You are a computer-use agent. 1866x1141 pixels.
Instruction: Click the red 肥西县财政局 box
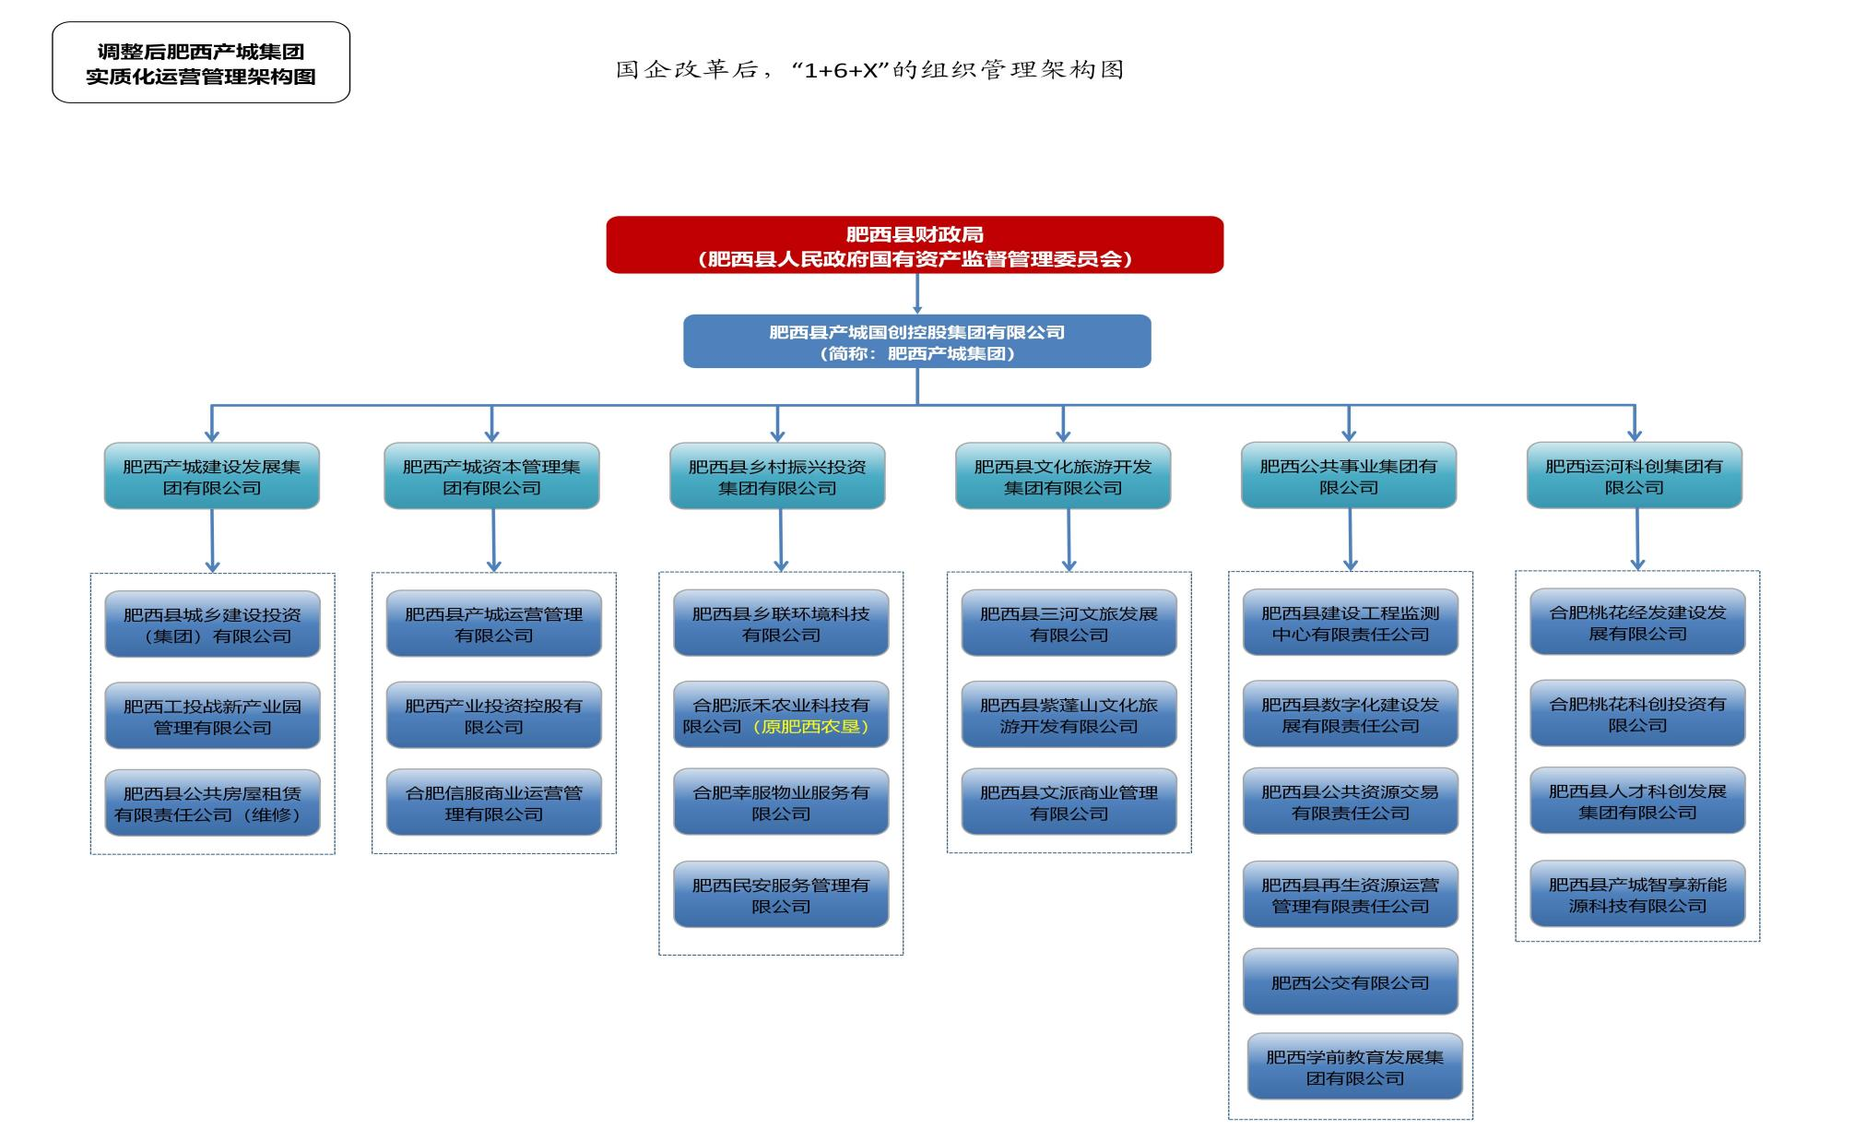(914, 245)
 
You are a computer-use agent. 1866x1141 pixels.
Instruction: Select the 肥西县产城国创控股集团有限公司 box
(916, 341)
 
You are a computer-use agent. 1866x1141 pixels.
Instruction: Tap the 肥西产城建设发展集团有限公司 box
(211, 476)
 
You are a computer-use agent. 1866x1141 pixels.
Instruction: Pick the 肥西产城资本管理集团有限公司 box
(491, 476)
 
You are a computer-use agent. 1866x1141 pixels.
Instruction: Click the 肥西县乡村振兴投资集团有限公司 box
(777, 476)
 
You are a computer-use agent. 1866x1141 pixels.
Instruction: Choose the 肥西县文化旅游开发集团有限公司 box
(1062, 476)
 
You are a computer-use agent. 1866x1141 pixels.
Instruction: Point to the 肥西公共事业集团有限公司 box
(1348, 476)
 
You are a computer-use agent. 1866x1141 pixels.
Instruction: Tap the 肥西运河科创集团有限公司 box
(1634, 476)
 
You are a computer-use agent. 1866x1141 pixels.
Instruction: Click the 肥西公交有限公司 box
(1350, 982)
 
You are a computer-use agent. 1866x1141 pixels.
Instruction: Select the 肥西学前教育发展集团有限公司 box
(1354, 1067)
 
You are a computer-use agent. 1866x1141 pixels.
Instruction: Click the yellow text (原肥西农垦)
(811, 727)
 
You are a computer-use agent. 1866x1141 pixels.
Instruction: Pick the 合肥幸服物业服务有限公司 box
(781, 802)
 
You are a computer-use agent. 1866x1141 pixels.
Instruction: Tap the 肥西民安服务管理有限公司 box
(781, 895)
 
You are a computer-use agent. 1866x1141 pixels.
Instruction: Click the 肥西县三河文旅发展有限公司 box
(1069, 624)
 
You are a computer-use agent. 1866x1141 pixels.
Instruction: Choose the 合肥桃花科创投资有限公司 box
(1637, 714)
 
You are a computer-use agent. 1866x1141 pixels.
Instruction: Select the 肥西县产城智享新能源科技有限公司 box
(1637, 894)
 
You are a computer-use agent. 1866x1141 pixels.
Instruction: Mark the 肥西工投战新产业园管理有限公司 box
(212, 716)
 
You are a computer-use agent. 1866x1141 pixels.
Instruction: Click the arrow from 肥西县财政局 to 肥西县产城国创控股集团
(916, 294)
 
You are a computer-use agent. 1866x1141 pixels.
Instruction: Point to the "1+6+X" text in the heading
(841, 71)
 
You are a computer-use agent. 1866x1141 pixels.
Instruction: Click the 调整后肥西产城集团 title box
(201, 63)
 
